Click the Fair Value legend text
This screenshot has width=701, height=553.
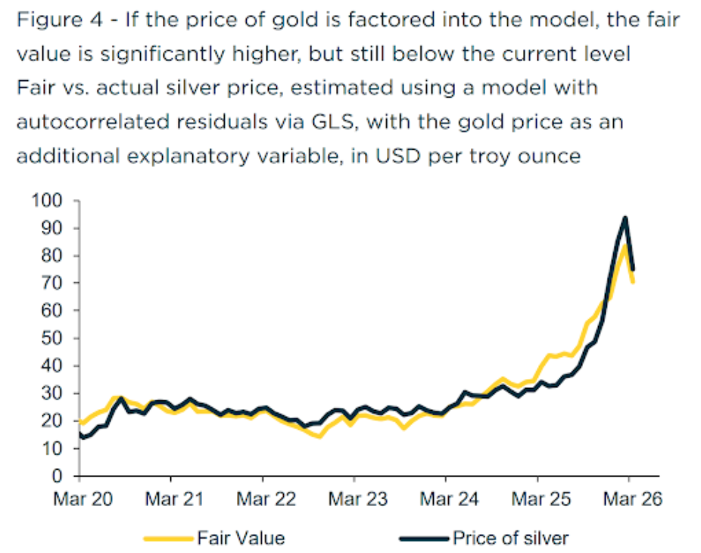241,539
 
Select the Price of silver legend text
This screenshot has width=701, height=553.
509,539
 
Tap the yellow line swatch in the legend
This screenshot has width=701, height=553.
169,539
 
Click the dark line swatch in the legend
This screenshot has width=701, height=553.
424,539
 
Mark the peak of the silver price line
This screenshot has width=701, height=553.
625,218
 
